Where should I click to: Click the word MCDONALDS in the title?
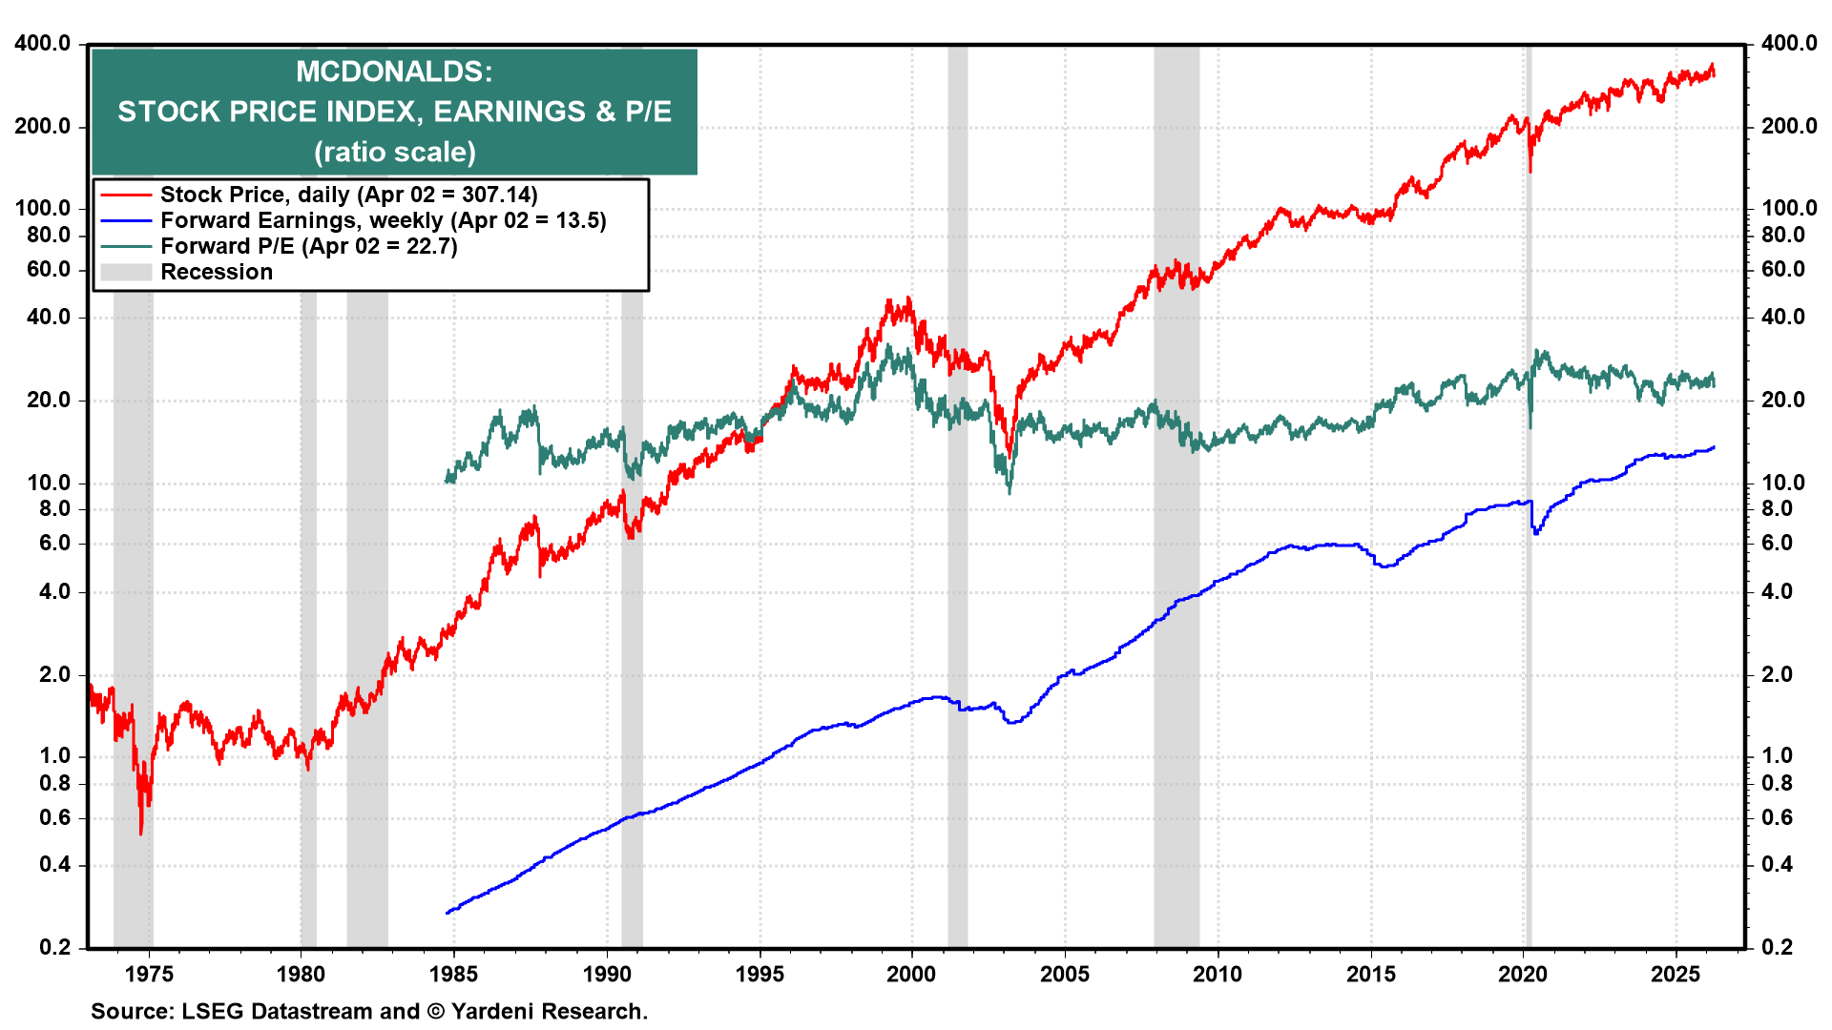tap(393, 72)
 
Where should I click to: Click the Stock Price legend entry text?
tap(348, 195)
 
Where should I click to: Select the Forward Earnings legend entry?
tap(383, 220)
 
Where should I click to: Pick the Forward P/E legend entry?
tap(308, 246)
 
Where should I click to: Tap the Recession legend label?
tap(217, 272)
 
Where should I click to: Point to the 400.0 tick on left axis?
tap(42, 43)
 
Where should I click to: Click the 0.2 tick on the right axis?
tap(1777, 947)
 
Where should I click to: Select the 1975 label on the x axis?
tap(149, 975)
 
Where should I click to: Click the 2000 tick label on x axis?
tap(911, 975)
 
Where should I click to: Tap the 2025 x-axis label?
tap(1676, 975)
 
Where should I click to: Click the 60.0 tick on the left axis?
tap(49, 269)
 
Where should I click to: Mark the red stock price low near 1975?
tap(141, 833)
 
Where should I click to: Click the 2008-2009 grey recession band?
tap(1176, 572)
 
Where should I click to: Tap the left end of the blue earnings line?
tap(448, 913)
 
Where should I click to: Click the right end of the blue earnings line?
tap(1714, 447)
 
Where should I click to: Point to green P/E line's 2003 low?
tap(1010, 490)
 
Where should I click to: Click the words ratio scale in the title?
tap(394, 152)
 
